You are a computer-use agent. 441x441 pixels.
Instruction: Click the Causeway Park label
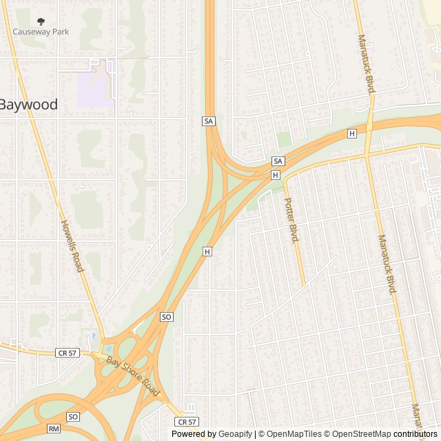point(41,32)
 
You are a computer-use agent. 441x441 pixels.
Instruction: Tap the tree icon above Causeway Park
point(41,21)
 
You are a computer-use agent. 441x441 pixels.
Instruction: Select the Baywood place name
point(28,105)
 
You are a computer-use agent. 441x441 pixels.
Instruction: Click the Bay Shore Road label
point(133,377)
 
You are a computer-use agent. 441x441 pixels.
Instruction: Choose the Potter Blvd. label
point(291,220)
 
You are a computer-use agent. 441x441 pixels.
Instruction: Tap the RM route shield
point(54,429)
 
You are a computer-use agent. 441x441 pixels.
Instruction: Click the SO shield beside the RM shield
point(73,417)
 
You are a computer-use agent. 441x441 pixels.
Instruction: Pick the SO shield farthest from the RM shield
point(165,317)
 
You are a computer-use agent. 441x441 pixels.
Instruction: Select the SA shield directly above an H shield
point(278,161)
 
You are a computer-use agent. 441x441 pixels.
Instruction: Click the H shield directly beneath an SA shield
point(276,175)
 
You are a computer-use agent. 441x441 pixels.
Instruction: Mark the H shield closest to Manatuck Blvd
point(352,133)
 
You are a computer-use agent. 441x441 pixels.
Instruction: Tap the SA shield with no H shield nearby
point(209,121)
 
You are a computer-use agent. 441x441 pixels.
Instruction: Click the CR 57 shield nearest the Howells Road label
point(67,353)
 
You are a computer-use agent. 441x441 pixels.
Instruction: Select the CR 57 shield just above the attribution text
point(186,422)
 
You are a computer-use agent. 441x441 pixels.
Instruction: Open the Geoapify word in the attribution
point(235,434)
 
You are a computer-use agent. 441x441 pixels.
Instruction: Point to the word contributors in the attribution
point(416,434)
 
